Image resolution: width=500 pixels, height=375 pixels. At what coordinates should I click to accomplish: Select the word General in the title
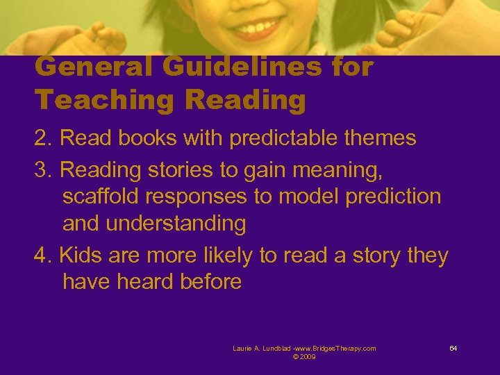[x=97, y=68]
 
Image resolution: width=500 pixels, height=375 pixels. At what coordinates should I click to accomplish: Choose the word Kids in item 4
[x=82, y=256]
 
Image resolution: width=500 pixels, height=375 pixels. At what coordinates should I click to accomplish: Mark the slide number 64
[x=453, y=348]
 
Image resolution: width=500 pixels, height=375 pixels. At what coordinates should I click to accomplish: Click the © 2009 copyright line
[x=305, y=357]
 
